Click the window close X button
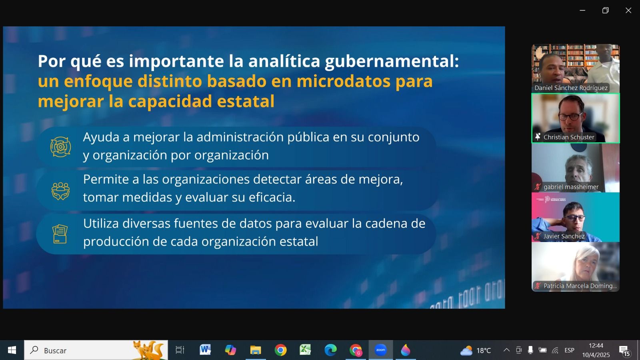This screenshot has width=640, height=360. (x=628, y=10)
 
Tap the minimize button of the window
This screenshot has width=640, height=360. (x=582, y=10)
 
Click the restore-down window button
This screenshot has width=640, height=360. (x=606, y=10)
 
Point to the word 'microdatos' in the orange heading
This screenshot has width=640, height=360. (x=343, y=81)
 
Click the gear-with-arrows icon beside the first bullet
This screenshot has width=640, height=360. (x=60, y=147)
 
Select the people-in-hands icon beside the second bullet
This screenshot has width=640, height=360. (x=60, y=191)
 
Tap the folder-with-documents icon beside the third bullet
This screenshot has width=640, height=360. (x=60, y=234)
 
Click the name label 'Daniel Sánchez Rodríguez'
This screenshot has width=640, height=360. (x=571, y=88)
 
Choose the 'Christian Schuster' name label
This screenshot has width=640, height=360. (x=568, y=137)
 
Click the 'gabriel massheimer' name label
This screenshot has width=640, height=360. (x=571, y=187)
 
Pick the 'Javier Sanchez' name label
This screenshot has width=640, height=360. (x=564, y=236)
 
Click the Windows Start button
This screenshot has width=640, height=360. (x=12, y=350)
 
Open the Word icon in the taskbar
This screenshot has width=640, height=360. (x=205, y=350)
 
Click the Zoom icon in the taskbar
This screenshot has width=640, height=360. (x=380, y=350)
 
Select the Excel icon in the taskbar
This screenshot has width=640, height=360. (x=305, y=350)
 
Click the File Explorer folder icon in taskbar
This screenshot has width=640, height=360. (x=256, y=350)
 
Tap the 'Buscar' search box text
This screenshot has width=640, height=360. (x=55, y=350)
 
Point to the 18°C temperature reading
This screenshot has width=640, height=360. (x=484, y=350)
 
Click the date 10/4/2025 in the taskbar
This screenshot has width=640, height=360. (x=596, y=355)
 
